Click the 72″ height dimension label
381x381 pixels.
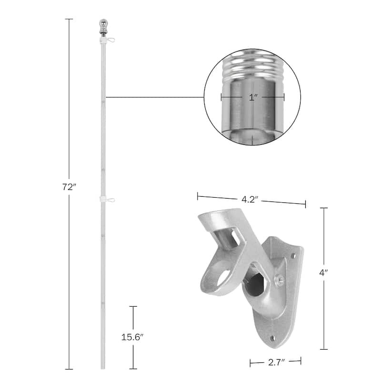pyautogui.click(x=69, y=187)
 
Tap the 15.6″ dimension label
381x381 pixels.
pyautogui.click(x=132, y=337)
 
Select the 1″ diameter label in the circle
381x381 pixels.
pyautogui.click(x=253, y=98)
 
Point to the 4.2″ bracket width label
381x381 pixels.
pyautogui.click(x=249, y=200)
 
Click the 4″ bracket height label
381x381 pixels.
pyautogui.click(x=323, y=273)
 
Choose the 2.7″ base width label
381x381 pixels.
pyautogui.click(x=276, y=363)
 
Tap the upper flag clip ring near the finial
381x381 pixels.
pyautogui.click(x=110, y=40)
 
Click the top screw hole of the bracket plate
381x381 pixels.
pyautogui.click(x=293, y=256)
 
